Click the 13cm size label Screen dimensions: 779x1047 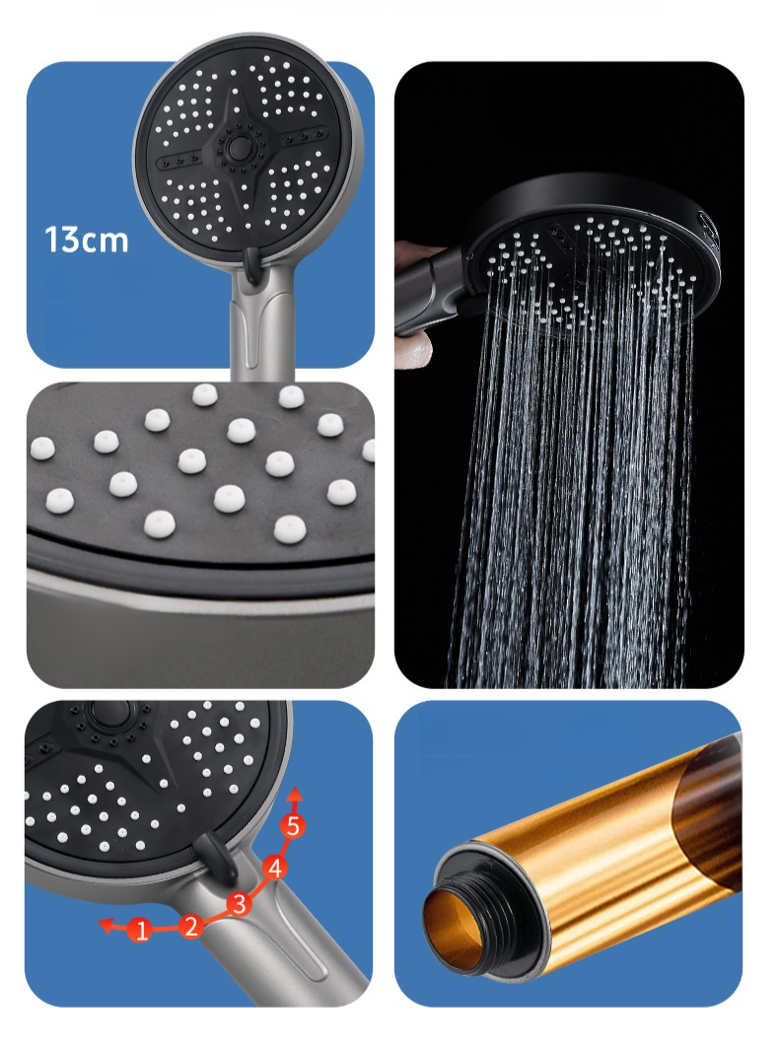[x=86, y=241]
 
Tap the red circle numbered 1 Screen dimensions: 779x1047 [x=141, y=930]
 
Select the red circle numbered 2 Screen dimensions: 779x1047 [x=191, y=926]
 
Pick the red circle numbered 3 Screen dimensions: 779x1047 [x=240, y=903]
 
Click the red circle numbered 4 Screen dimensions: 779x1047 [x=274, y=869]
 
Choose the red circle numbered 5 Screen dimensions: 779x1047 [x=293, y=826]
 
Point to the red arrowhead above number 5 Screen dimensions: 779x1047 [x=295, y=794]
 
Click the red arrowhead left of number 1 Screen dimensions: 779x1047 [x=105, y=925]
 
